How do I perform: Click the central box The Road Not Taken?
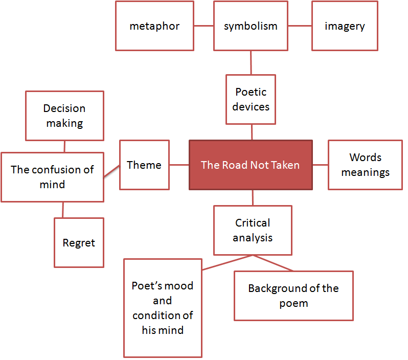tap(251, 165)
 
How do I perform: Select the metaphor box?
tap(154, 26)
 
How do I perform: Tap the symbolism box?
tap(251, 26)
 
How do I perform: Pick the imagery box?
tap(345, 26)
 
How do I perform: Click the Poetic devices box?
tap(251, 99)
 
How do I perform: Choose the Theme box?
tap(144, 165)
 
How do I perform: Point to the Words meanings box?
tap(365, 165)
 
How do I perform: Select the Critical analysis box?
tap(253, 230)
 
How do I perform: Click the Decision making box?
tap(64, 116)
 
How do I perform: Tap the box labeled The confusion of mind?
tap(52, 176)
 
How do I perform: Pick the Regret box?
tap(79, 242)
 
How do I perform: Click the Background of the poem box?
tap(293, 296)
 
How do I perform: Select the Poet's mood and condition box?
tap(163, 308)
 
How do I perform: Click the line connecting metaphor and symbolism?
tap(203, 26)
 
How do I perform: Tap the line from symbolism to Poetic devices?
tap(251, 62)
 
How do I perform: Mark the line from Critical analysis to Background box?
tap(274, 263)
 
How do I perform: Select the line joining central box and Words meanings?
tap(320, 165)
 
